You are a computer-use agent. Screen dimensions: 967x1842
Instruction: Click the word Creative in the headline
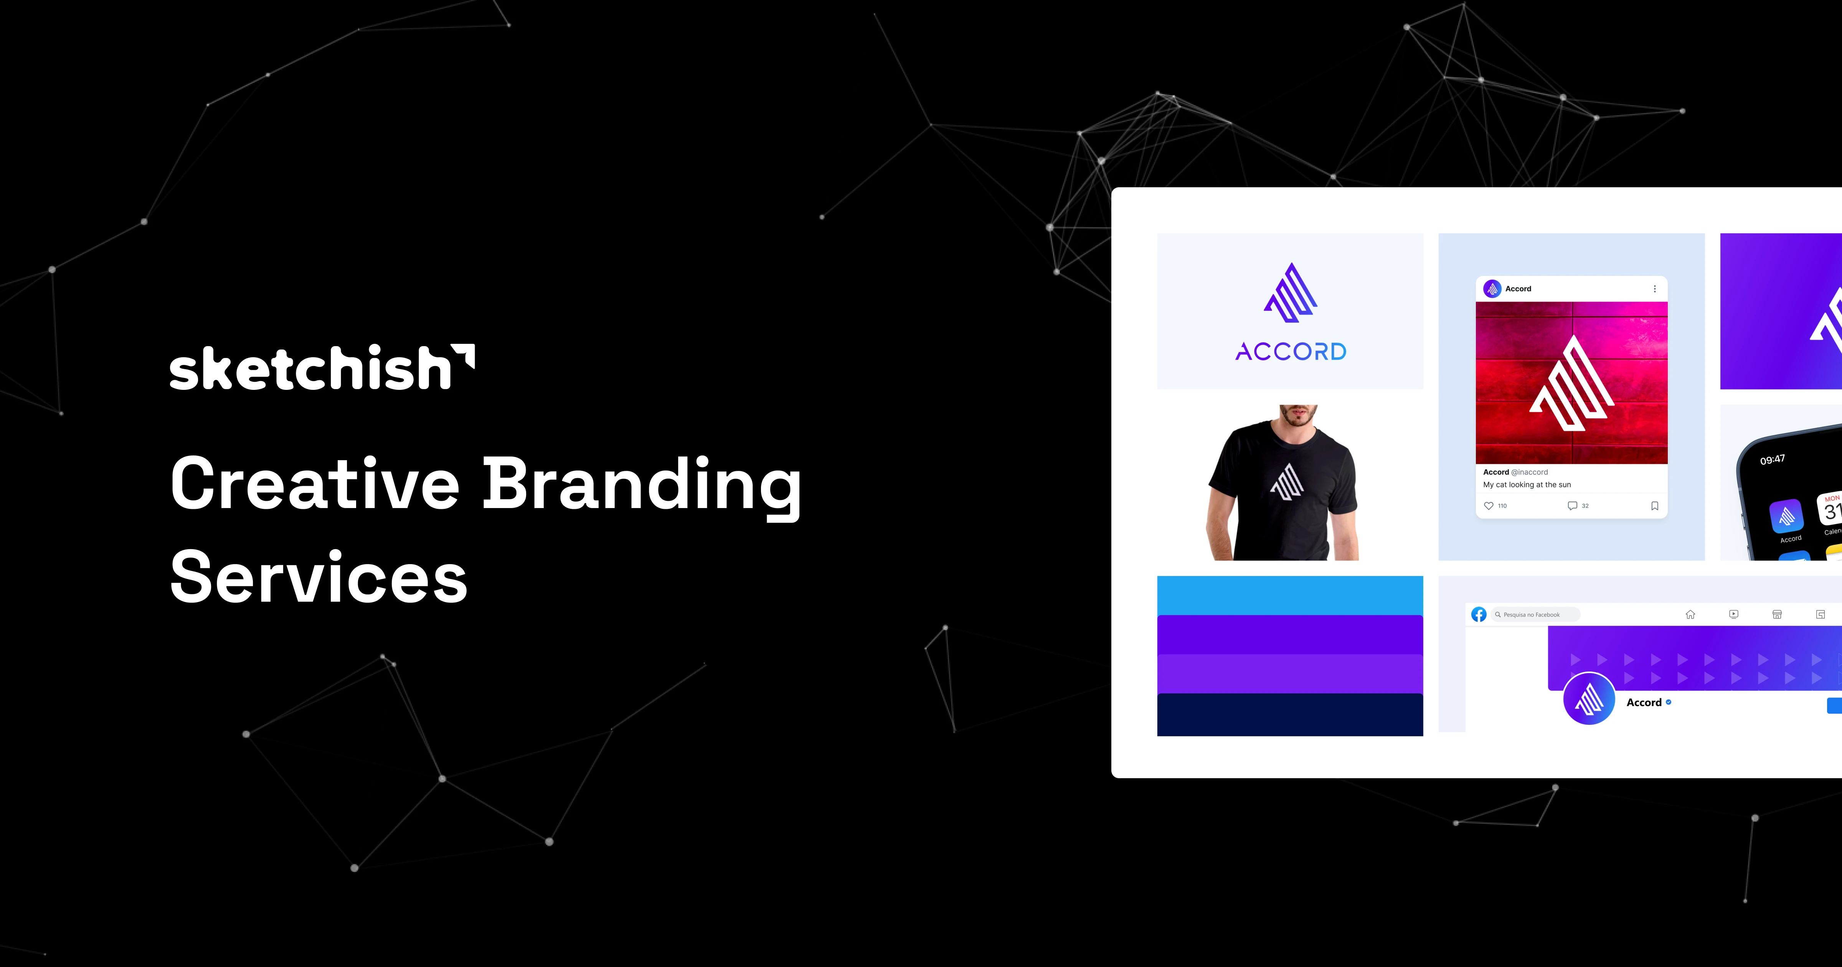pyautogui.click(x=315, y=484)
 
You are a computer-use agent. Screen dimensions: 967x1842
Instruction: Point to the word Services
pyautogui.click(x=319, y=576)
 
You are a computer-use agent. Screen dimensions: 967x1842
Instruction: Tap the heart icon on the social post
pyautogui.click(x=1489, y=506)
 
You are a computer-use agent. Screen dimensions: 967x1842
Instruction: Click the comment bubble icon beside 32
pyautogui.click(x=1573, y=506)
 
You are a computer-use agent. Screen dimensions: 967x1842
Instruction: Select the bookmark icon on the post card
pyautogui.click(x=1655, y=506)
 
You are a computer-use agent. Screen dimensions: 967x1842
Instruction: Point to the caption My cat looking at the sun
pyautogui.click(x=1527, y=485)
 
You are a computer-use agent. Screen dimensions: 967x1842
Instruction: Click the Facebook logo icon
pyautogui.click(x=1479, y=614)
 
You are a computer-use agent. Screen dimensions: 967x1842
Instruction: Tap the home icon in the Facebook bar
pyautogui.click(x=1690, y=614)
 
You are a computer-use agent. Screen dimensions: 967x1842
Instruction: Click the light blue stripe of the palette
pyautogui.click(x=1290, y=595)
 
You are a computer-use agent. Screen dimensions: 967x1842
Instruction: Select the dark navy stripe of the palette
pyautogui.click(x=1290, y=715)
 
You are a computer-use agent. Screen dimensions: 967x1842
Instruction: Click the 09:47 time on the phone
pyautogui.click(x=1773, y=459)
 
